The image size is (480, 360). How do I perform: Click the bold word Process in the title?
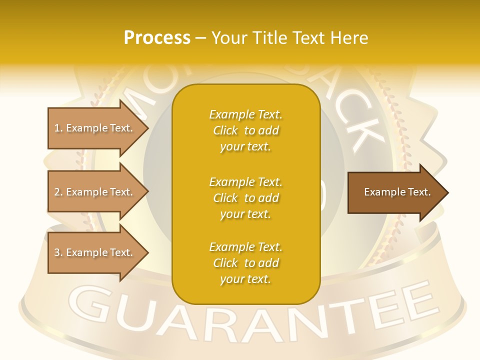coord(157,38)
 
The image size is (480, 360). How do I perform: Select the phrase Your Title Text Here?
coord(289,38)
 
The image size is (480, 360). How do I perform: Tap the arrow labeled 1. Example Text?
coord(95,128)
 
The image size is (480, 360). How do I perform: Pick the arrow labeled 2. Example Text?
coord(95,192)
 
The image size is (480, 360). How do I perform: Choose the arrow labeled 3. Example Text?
coord(95,252)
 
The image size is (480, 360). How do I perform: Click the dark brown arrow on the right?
coord(395,192)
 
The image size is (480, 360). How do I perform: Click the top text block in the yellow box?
coord(245,130)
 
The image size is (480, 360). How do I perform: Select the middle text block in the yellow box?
coord(245,198)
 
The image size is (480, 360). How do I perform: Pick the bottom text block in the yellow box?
coord(245,263)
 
